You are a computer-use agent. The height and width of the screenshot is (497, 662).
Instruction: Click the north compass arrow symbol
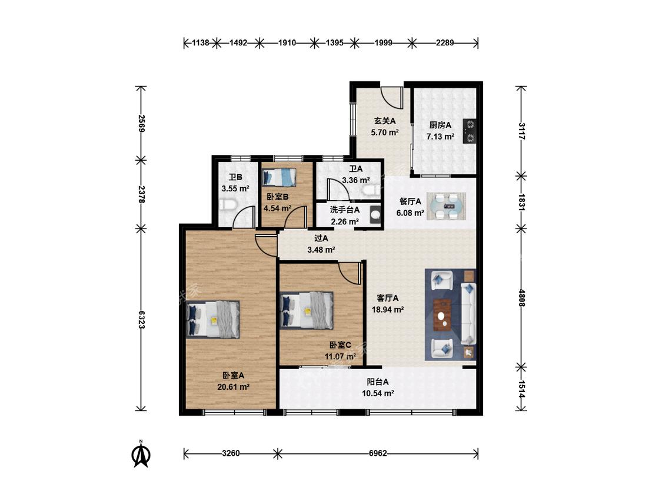[x=141, y=454]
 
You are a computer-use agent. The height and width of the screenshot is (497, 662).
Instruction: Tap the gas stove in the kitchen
[x=470, y=131]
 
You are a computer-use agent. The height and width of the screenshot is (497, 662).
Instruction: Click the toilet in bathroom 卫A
[x=370, y=191]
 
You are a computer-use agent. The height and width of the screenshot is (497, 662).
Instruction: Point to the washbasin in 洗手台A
[x=375, y=214]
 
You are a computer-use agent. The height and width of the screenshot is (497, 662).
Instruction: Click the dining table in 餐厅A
[x=446, y=206]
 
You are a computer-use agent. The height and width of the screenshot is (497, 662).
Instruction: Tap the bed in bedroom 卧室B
[x=279, y=177]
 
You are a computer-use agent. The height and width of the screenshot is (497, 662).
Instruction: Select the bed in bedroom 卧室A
[x=213, y=319]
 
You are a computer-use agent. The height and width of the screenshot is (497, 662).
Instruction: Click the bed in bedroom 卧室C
[x=307, y=311]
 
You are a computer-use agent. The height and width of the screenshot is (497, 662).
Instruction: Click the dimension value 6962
[x=378, y=453]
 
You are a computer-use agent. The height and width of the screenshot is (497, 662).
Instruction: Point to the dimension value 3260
[x=231, y=453]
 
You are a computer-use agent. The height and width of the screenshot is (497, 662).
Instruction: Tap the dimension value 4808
[x=521, y=298]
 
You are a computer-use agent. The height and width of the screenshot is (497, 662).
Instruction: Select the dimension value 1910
[x=287, y=42]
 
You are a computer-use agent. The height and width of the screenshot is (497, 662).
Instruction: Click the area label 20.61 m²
[x=234, y=387]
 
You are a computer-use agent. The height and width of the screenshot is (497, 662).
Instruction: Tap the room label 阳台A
[x=377, y=382]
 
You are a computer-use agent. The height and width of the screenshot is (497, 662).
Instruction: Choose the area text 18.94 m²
[x=388, y=309]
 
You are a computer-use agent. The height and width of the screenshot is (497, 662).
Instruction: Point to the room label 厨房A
[x=440, y=125]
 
